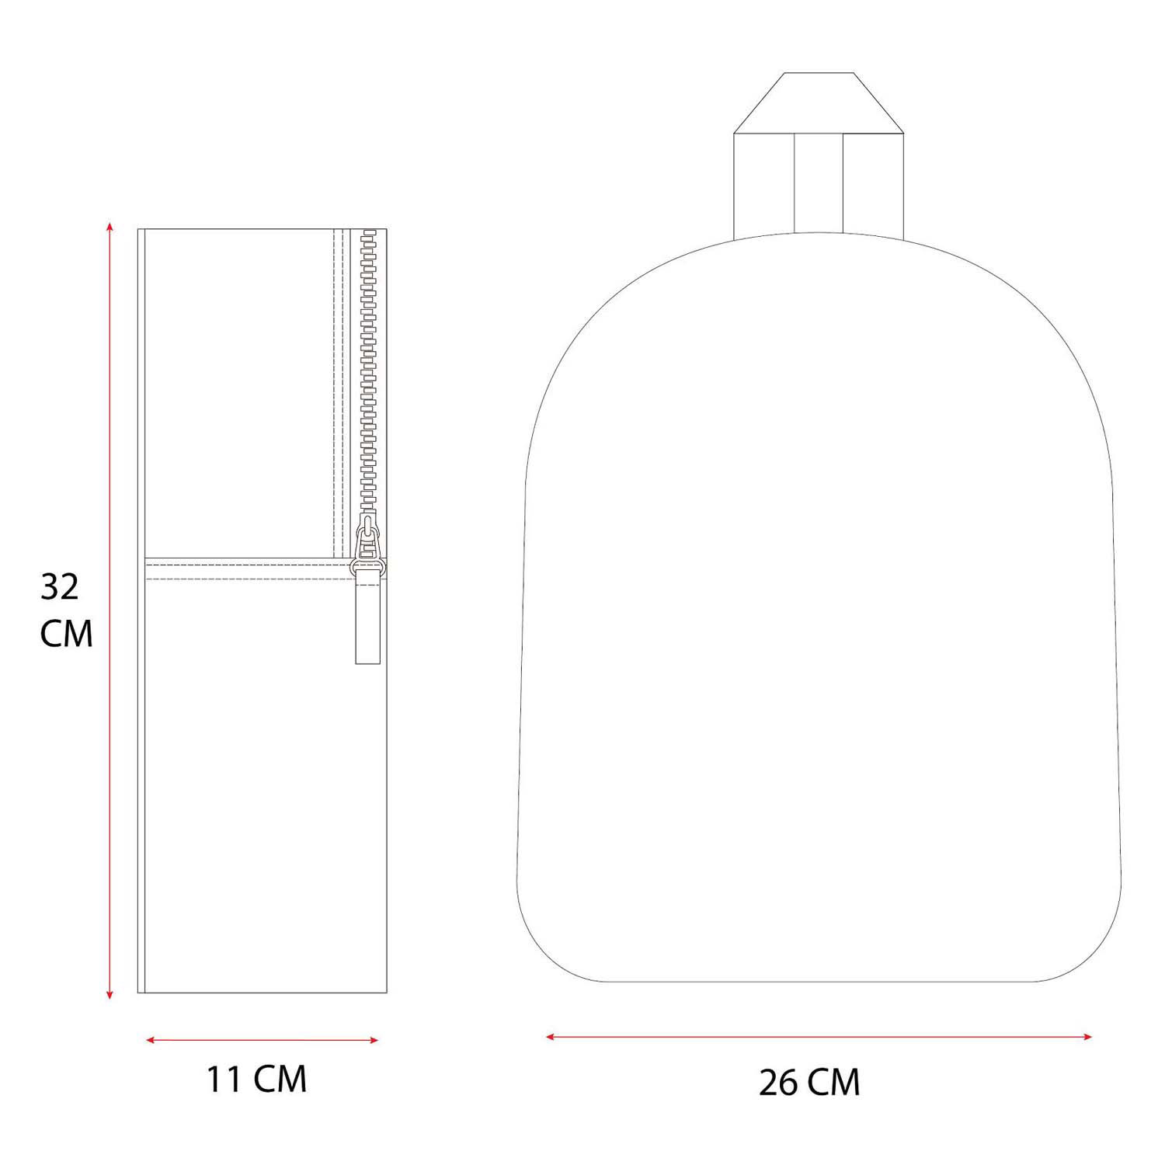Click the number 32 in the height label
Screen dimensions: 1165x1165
[x=60, y=588]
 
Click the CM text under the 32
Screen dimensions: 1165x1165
[x=67, y=634]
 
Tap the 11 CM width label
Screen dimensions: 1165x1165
[x=257, y=1080]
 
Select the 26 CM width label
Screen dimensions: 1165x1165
[x=809, y=1082]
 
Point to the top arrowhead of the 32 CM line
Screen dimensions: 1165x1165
[x=110, y=227]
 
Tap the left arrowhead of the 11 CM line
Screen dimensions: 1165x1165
[x=150, y=1040]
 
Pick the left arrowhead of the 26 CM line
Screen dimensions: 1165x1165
[x=550, y=1036]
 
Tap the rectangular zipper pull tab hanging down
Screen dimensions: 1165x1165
[x=367, y=621]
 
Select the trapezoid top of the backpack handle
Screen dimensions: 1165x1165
[x=819, y=103]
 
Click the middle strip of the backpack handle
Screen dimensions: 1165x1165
[x=819, y=183]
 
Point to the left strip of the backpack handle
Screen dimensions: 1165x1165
[x=764, y=183]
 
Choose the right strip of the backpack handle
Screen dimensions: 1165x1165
[x=874, y=183]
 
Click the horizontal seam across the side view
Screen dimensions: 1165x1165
[x=249, y=562]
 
